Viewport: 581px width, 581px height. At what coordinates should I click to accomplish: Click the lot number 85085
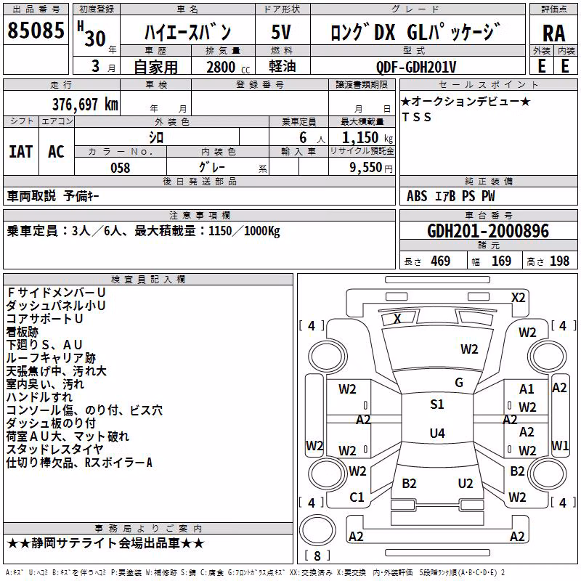point(36,30)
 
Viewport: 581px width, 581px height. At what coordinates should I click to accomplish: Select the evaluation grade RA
point(553,33)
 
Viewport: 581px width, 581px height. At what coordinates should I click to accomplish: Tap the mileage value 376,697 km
point(85,105)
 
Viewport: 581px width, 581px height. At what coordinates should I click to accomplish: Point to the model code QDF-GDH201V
point(415,67)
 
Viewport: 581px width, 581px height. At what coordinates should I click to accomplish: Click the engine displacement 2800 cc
point(228,67)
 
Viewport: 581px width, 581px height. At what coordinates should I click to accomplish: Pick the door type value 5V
point(281,32)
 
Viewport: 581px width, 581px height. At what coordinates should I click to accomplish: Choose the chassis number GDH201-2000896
point(488,231)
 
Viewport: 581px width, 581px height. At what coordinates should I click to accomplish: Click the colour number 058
point(121,168)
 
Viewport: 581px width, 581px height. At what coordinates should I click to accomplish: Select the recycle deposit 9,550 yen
point(371,168)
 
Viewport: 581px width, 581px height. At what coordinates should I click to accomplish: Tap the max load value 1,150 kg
point(367,138)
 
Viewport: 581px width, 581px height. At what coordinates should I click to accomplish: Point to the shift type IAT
point(21,152)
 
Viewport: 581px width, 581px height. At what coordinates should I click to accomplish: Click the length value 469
point(441,261)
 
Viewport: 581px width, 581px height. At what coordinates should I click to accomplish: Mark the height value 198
point(559,261)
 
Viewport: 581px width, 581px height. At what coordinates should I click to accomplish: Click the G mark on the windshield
point(459,383)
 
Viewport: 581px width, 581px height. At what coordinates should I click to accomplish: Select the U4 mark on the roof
point(437,433)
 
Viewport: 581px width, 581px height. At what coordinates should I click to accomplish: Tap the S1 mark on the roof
point(437,405)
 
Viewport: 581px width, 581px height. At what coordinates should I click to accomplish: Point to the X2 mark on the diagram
point(518,298)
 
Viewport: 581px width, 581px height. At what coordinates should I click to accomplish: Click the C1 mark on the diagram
point(357,497)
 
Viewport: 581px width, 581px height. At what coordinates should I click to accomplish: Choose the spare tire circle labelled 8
point(317,531)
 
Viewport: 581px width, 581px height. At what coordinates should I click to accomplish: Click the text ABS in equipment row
point(417,196)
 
